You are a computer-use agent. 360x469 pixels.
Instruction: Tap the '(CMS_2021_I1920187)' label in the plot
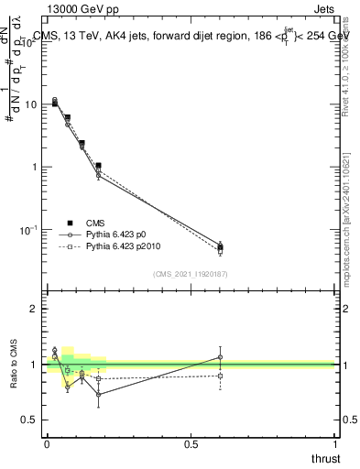click(191, 275)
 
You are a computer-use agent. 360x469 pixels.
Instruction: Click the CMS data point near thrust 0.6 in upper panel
click(220, 247)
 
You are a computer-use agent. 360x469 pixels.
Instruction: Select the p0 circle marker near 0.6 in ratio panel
click(220, 357)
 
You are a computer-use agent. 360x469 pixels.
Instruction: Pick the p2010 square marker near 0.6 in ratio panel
click(220, 376)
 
